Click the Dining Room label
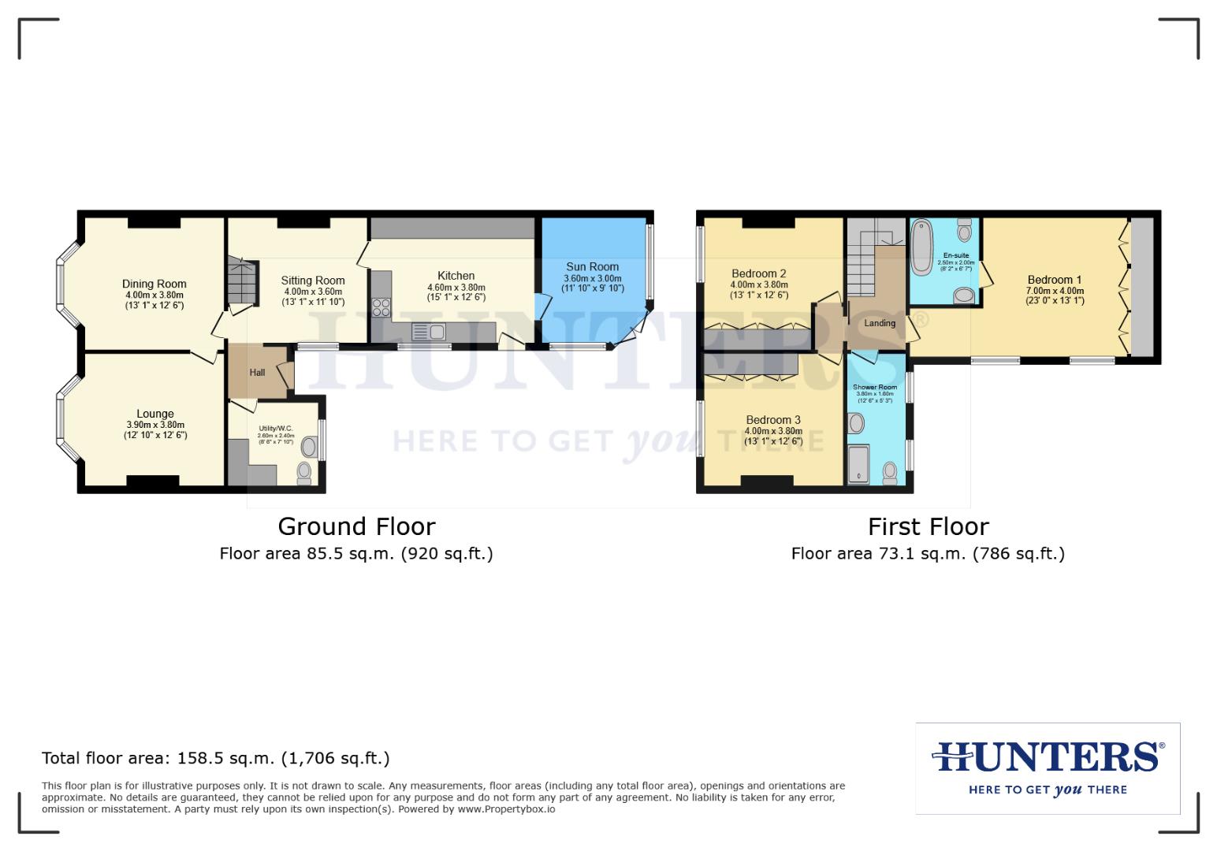pyautogui.click(x=154, y=284)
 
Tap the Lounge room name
pyautogui.click(x=155, y=414)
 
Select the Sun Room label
pyautogui.click(x=592, y=267)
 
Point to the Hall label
pyautogui.click(x=257, y=373)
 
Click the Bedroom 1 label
pyautogui.click(x=1055, y=280)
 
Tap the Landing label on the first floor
pyautogui.click(x=880, y=323)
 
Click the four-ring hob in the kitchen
pyautogui.click(x=381, y=307)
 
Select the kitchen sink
pyautogui.click(x=430, y=332)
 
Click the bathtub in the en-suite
pyautogui.click(x=921, y=246)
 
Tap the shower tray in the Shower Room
pyautogui.click(x=858, y=464)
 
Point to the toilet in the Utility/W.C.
pyautogui.click(x=304, y=472)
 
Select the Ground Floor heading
pyautogui.click(x=356, y=526)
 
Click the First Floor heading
pyautogui.click(x=928, y=526)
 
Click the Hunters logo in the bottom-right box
pyautogui.click(x=1048, y=758)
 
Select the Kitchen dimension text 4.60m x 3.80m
pyautogui.click(x=456, y=288)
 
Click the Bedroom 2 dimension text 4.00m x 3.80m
pyautogui.click(x=759, y=285)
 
